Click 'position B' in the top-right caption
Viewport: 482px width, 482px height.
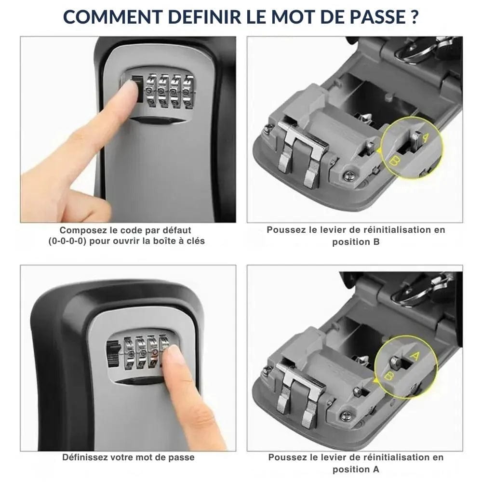[356, 242]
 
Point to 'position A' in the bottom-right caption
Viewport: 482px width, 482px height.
[356, 469]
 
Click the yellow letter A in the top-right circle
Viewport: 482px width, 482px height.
[425, 137]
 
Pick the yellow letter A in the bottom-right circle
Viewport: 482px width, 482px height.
[414, 356]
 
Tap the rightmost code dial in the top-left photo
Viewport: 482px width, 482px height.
[188, 90]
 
